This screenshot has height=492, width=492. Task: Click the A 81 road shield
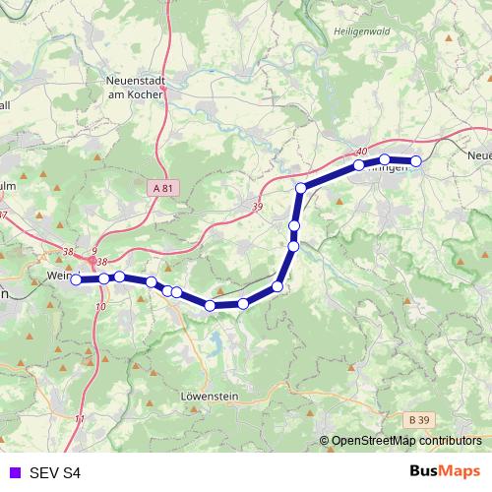pos(162,187)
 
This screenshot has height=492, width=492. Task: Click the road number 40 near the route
pos(362,151)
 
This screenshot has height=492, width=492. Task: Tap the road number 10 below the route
pos(100,307)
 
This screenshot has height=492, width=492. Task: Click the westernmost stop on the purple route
pos(76,280)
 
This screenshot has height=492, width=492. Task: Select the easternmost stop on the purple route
pos(415,160)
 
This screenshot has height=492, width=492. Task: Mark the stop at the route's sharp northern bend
pos(300,187)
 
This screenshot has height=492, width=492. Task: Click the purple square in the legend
pos(13,472)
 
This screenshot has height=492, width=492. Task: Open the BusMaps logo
pos(445,471)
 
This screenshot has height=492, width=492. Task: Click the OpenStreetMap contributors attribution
pos(405,441)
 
